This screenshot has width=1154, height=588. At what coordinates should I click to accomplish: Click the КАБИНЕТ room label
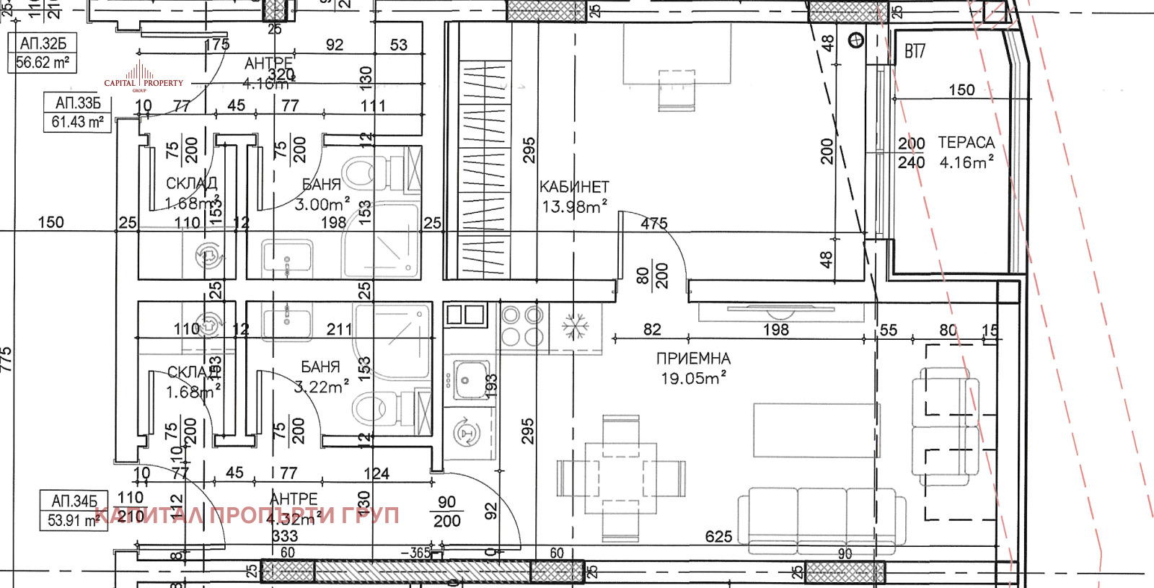click(574, 187)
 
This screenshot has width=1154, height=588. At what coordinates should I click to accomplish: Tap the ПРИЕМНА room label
click(692, 359)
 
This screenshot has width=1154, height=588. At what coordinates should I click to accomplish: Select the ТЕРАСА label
click(966, 143)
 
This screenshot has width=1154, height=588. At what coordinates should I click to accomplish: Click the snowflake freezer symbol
click(576, 327)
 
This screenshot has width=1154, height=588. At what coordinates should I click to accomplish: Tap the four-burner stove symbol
click(522, 326)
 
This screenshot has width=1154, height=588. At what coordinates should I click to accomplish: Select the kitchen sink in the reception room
click(471, 379)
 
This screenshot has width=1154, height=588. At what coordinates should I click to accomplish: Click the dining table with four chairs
click(620, 478)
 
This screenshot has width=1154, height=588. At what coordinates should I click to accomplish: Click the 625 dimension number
click(718, 537)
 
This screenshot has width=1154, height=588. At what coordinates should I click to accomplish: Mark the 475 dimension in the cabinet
click(653, 224)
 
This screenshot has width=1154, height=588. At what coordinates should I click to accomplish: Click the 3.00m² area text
click(322, 204)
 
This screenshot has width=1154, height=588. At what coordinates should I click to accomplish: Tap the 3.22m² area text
click(322, 387)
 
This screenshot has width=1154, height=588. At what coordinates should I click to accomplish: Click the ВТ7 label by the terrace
click(915, 51)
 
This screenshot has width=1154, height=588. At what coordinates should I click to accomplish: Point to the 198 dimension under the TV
click(776, 330)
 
